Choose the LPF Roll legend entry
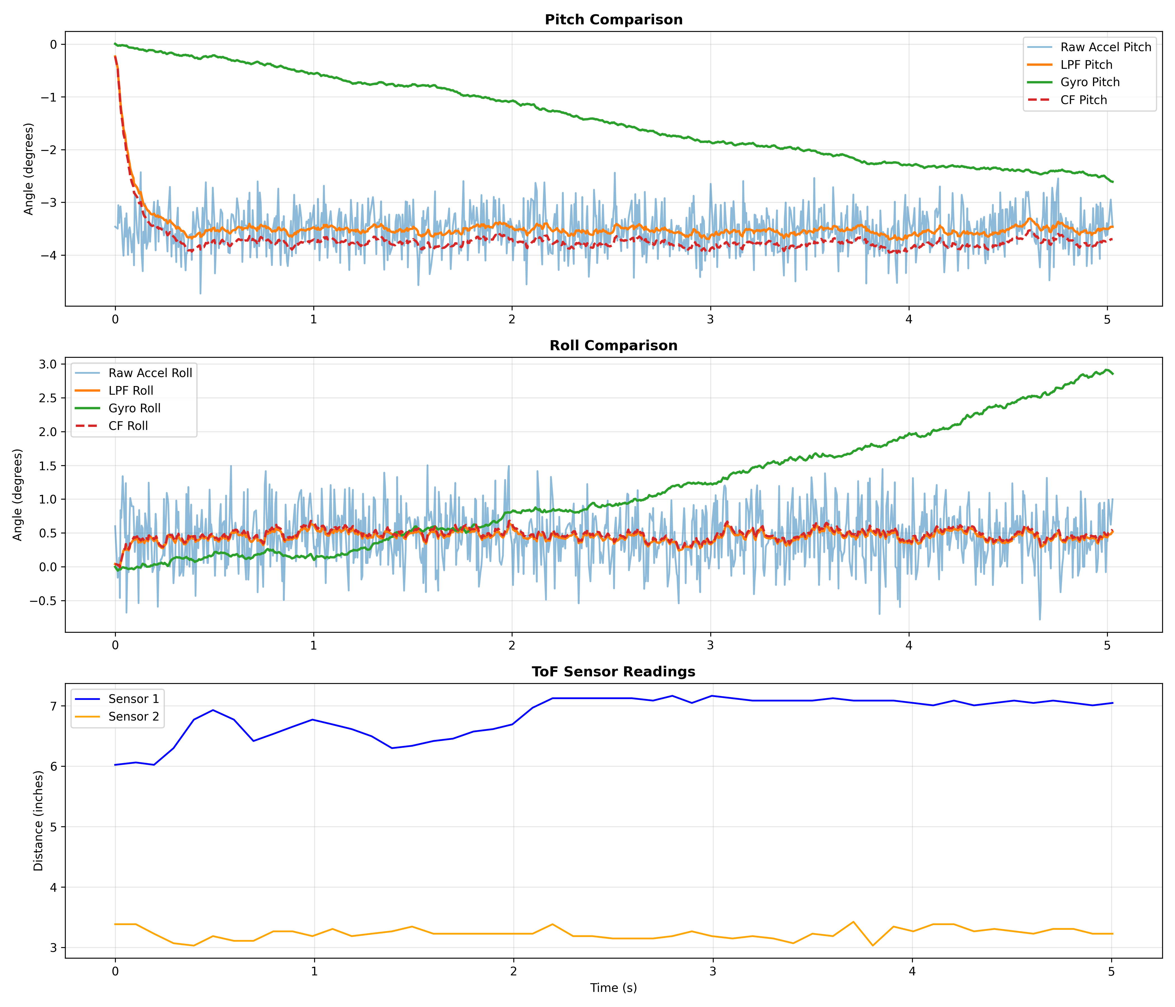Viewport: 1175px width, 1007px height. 130,391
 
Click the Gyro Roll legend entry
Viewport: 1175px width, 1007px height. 134,408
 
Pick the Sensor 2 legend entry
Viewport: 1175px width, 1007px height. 133,717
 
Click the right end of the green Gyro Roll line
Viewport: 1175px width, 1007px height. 1113,374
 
